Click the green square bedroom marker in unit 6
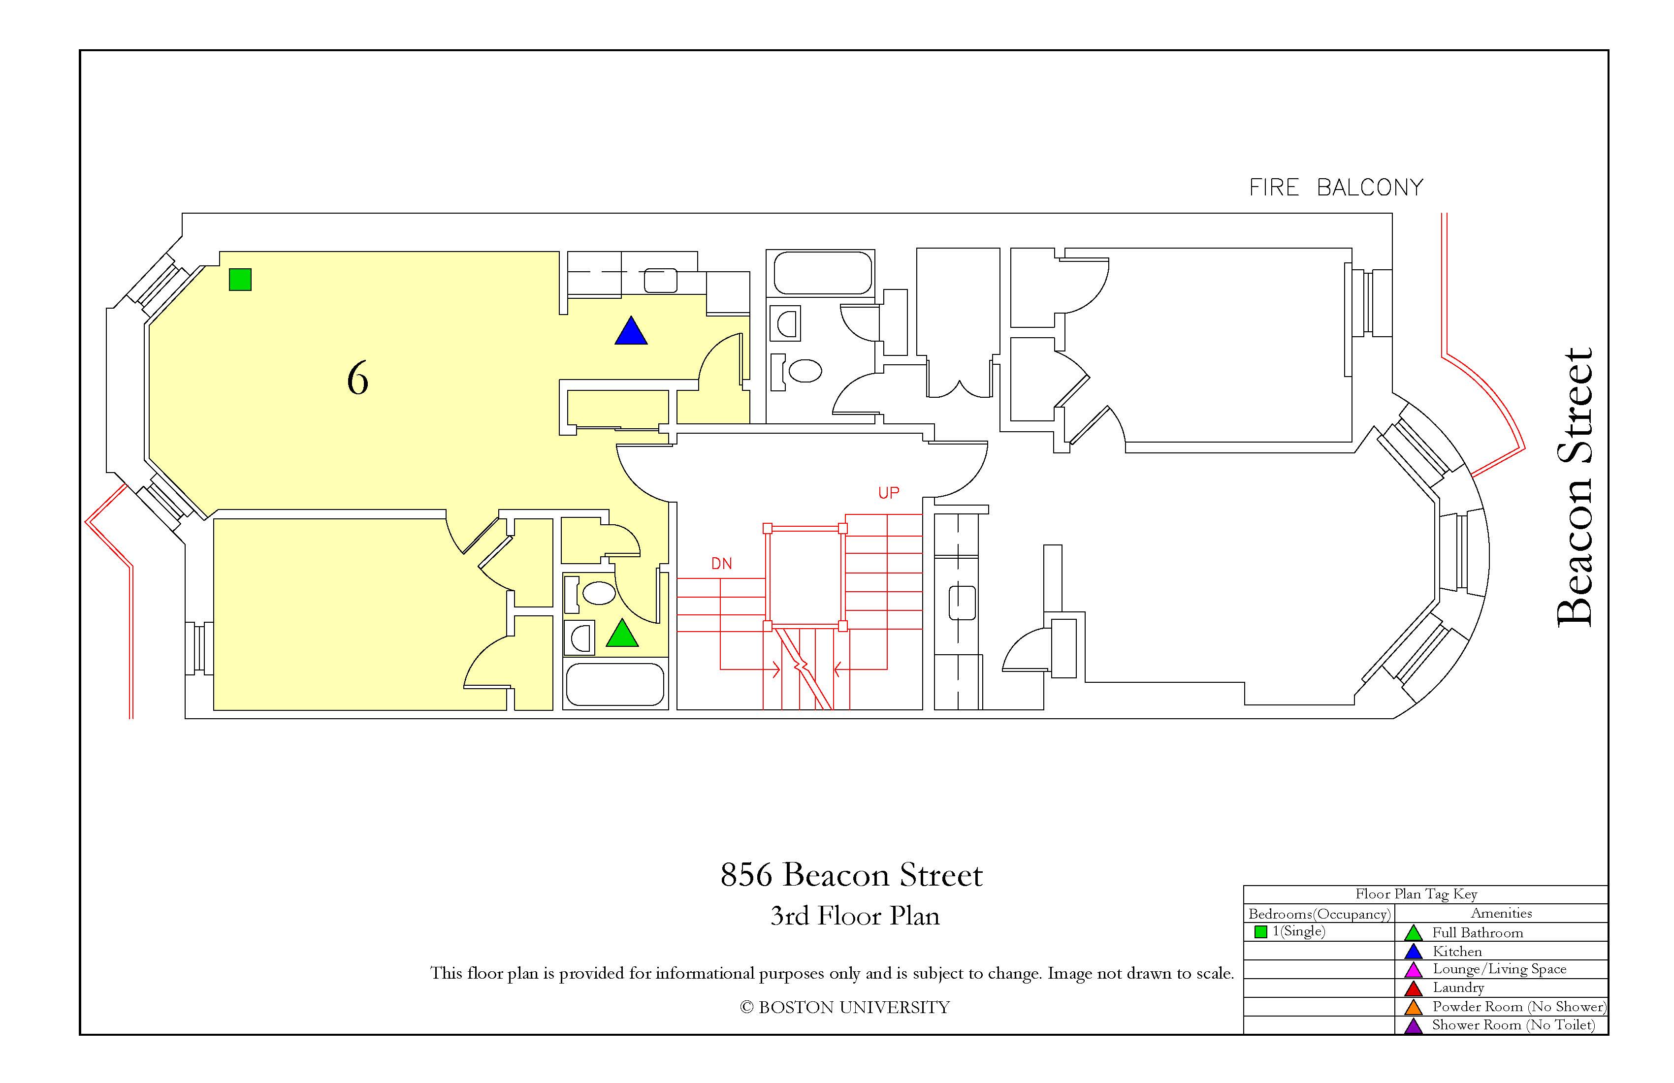tap(240, 279)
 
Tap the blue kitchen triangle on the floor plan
tap(631, 330)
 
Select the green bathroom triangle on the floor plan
tap(622, 633)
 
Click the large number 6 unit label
tap(357, 379)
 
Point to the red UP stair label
tap(888, 493)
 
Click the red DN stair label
tap(722, 563)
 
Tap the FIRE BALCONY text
tap(1336, 188)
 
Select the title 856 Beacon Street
tap(851, 875)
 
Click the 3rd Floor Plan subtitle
tap(855, 916)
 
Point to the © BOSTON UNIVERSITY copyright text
tap(845, 1007)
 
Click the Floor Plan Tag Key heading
tap(1416, 894)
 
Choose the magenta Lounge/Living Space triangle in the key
tap(1413, 970)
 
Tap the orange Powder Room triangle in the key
tap(1413, 1007)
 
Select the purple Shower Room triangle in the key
tap(1413, 1026)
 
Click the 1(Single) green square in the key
tap(1260, 932)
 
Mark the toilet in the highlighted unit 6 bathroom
tap(590, 593)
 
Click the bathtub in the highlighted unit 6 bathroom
tap(615, 684)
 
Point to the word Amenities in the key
tap(1501, 913)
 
